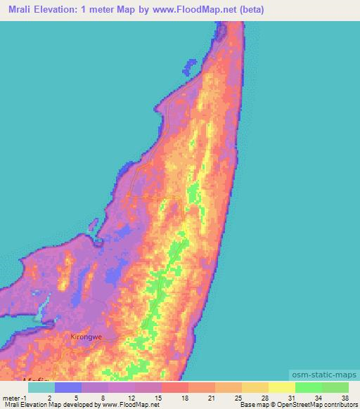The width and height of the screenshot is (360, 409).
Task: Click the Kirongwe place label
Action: click(86, 337)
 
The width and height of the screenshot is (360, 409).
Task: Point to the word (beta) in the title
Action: click(249, 11)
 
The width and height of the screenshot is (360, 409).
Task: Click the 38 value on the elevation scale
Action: click(345, 397)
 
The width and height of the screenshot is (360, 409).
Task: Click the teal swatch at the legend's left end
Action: click(41, 387)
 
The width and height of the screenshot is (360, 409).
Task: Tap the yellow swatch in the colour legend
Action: click(281, 387)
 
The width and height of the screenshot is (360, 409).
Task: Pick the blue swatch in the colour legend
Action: click(67, 387)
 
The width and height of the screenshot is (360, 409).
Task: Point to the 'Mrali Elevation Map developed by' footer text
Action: click(42, 405)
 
